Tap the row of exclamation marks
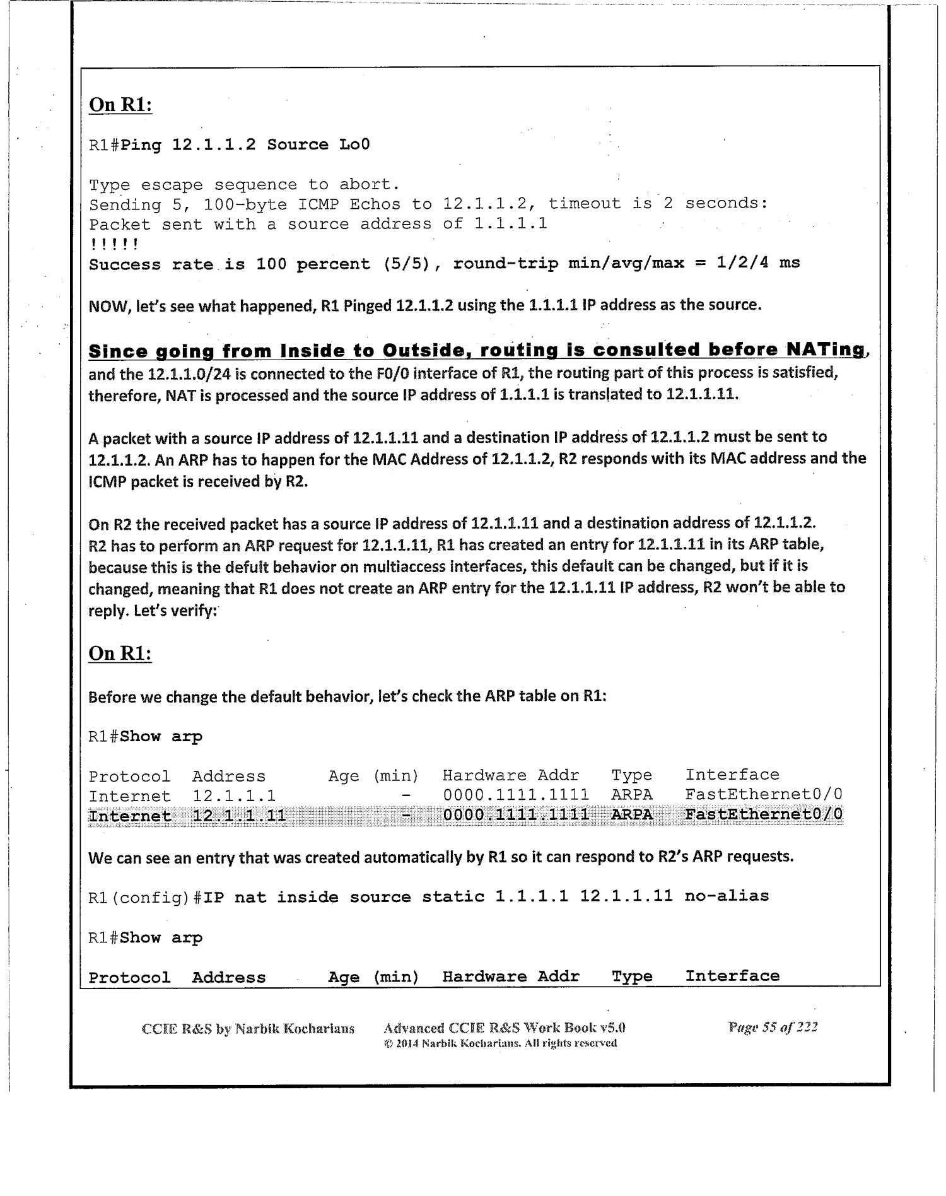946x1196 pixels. (114, 244)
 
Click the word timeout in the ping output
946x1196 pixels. (584, 203)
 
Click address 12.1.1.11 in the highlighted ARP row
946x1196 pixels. (239, 816)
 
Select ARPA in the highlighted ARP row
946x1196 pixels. (632, 814)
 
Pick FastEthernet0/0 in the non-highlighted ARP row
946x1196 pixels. (764, 794)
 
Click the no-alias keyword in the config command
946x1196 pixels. (727, 896)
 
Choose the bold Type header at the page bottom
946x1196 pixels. (632, 976)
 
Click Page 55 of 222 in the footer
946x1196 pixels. (773, 1027)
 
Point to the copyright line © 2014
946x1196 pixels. (500, 1043)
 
